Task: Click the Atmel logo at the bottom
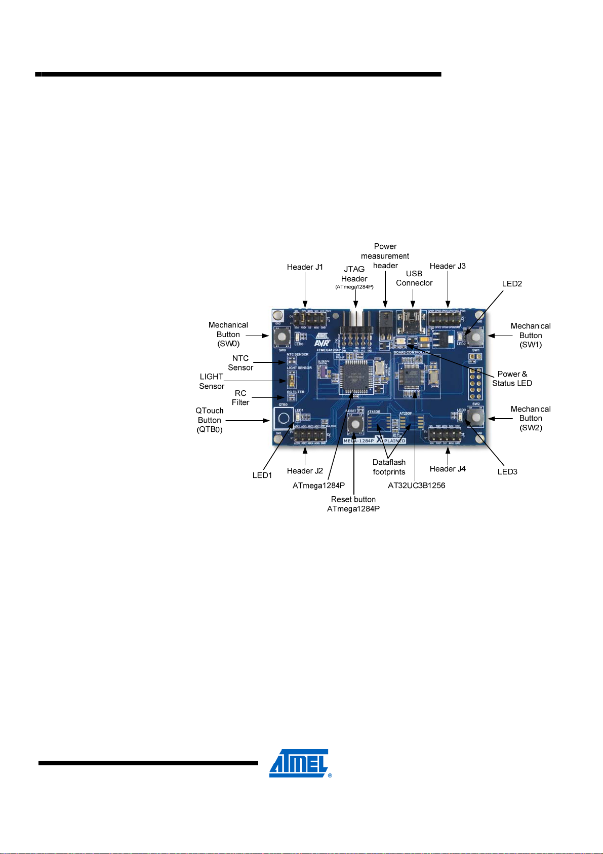pyautogui.click(x=300, y=763)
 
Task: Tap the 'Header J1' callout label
pyautogui.click(x=305, y=267)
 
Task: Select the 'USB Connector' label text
pyautogui.click(x=414, y=278)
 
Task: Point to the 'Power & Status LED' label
pyautogui.click(x=512, y=379)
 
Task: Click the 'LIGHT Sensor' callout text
pyautogui.click(x=212, y=381)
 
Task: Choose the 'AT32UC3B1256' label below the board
pyautogui.click(x=416, y=486)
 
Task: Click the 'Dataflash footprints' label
pyautogui.click(x=389, y=467)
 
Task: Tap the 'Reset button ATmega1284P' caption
pyautogui.click(x=353, y=504)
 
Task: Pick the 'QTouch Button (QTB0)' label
pyautogui.click(x=210, y=420)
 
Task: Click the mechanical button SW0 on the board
pyautogui.click(x=282, y=336)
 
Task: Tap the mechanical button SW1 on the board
pyautogui.click(x=475, y=337)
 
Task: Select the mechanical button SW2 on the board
pyautogui.click(x=475, y=417)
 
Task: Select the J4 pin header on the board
pyautogui.click(x=446, y=435)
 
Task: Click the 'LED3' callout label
pyautogui.click(x=507, y=472)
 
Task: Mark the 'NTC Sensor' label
pyautogui.click(x=240, y=363)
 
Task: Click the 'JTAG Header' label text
pyautogui.click(x=354, y=274)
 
